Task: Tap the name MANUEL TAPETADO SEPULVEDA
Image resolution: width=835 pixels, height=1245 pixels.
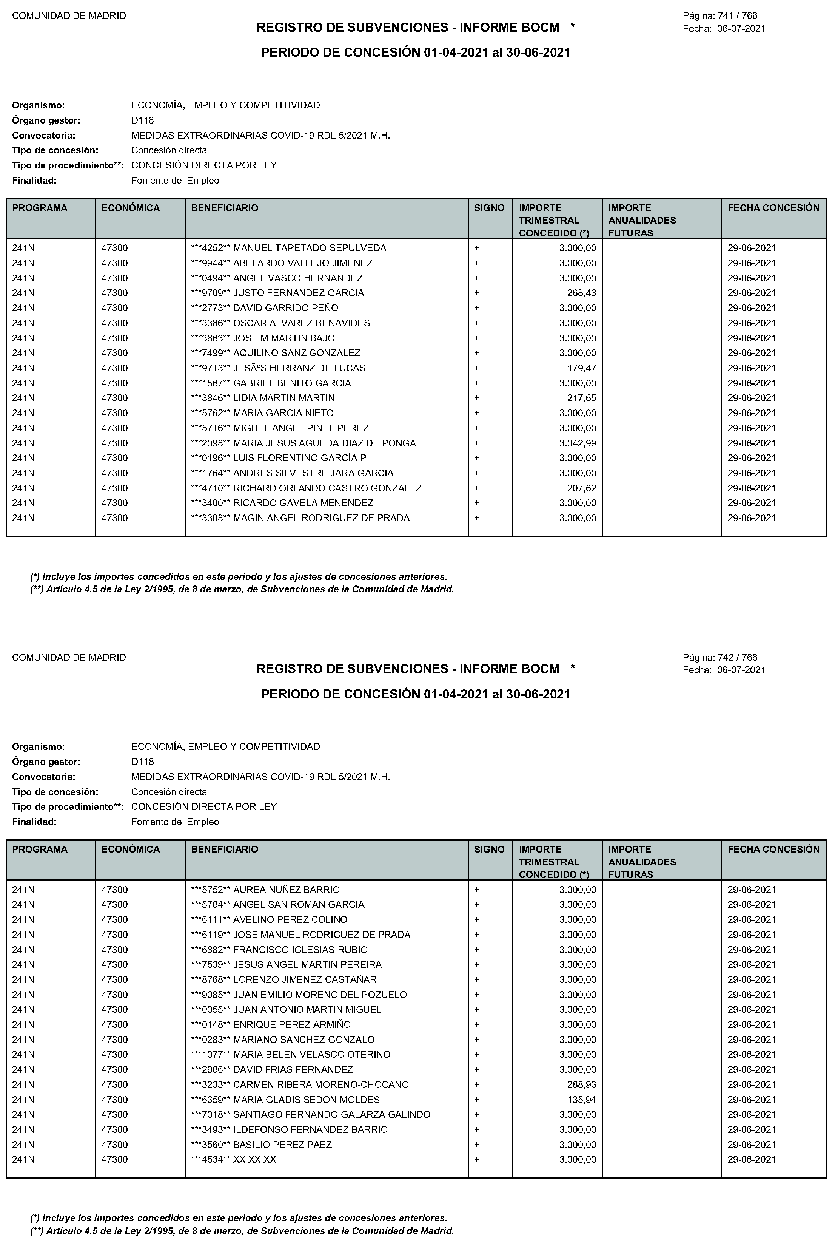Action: point(310,248)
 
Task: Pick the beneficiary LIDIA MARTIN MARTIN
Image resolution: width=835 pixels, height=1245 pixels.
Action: point(284,398)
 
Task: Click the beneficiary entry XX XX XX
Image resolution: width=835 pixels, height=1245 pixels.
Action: point(254,1160)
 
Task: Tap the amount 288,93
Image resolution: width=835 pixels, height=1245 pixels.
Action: point(582,1084)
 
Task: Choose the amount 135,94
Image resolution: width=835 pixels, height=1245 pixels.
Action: point(582,1100)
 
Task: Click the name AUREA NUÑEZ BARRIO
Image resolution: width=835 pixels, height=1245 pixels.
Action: point(287,890)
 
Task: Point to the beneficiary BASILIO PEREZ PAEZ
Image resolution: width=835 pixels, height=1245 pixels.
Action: point(282,1144)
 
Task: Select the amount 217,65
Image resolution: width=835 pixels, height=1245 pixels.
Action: point(582,398)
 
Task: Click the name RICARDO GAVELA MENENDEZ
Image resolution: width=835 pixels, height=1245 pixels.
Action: point(303,503)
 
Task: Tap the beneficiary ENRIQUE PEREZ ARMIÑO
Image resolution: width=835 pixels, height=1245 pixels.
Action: point(292,1024)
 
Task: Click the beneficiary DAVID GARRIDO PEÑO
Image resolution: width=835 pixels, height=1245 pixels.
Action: point(285,308)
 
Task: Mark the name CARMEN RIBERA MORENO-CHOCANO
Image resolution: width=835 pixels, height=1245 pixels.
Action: point(320,1084)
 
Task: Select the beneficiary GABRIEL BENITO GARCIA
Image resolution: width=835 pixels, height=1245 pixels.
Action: point(292,383)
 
